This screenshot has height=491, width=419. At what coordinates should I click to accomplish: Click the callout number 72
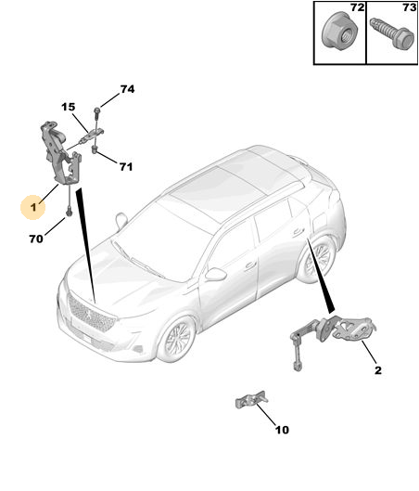(358, 7)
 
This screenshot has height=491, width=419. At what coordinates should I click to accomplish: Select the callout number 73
(410, 7)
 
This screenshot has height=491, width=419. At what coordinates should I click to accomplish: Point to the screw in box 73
(391, 34)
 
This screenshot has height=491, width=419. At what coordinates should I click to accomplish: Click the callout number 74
(128, 89)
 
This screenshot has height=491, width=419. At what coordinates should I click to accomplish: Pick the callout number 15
(69, 108)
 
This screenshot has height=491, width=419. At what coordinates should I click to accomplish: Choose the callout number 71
(126, 167)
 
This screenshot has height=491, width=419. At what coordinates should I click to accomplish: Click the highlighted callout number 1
(33, 207)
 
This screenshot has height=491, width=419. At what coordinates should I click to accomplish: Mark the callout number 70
(36, 239)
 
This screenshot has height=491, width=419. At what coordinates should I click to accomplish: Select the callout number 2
(378, 370)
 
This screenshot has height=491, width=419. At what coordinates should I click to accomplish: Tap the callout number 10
(282, 430)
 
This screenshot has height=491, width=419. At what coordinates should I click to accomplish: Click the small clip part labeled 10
(251, 399)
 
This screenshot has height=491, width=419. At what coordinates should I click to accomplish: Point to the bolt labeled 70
(70, 213)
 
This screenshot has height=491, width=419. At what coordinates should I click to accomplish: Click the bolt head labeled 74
(96, 110)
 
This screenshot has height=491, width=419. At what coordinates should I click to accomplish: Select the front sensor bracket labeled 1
(61, 152)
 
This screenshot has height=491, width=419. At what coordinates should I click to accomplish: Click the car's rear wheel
(316, 257)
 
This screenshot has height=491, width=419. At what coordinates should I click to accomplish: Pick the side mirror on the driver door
(216, 274)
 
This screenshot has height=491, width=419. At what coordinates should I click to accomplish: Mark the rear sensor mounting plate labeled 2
(354, 329)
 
